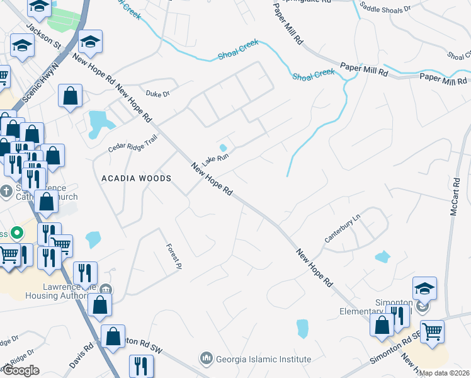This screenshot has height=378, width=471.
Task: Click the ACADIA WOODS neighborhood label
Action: (137, 178)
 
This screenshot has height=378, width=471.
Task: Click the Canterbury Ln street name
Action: (342, 229)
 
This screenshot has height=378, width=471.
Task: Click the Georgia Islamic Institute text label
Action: (264, 360)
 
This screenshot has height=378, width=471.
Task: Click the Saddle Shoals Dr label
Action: (384, 8)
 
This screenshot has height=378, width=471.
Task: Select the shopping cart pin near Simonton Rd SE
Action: (432, 331)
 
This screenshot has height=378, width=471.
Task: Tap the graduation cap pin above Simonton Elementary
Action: (425, 288)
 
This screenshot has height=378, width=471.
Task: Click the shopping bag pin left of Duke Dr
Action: (71, 96)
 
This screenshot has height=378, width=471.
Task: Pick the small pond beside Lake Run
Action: (222, 148)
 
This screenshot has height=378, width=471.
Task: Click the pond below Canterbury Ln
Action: (382, 257)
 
